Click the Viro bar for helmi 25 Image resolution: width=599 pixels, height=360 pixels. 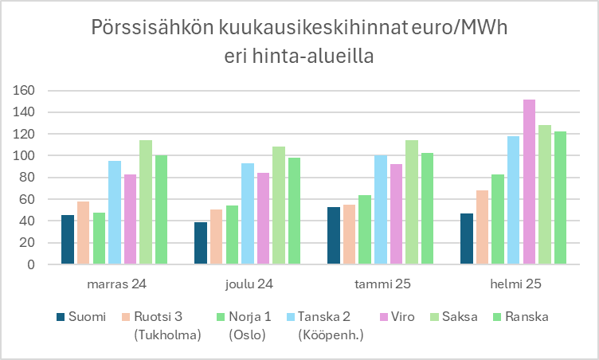point(529,182)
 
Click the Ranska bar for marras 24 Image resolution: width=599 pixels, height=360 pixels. point(161,210)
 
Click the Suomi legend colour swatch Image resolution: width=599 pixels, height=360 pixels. point(61,317)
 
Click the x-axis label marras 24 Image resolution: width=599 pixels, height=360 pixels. point(115,284)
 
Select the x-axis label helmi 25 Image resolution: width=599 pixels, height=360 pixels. point(514,284)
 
